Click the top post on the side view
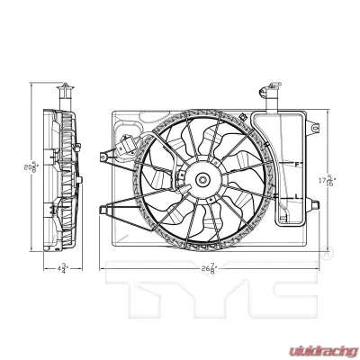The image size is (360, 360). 65,93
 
